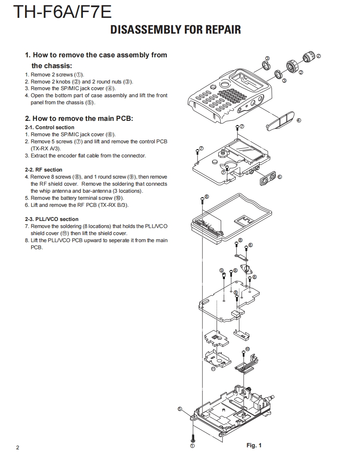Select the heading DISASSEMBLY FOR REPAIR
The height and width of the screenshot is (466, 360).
click(x=175, y=29)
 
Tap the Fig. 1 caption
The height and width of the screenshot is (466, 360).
click(x=254, y=445)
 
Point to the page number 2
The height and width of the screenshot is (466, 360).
click(x=17, y=447)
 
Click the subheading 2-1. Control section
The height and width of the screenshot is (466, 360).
click(x=49, y=128)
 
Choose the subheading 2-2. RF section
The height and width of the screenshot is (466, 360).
click(x=44, y=169)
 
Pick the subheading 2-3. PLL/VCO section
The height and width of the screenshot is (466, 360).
click(x=52, y=219)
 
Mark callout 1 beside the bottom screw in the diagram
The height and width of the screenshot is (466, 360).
click(x=192, y=446)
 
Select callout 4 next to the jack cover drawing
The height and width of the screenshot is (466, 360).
click(x=298, y=120)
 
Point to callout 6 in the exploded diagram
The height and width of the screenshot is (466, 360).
click(x=279, y=177)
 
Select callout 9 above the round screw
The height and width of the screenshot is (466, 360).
click(x=222, y=270)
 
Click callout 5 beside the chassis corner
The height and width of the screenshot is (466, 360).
click(x=180, y=409)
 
